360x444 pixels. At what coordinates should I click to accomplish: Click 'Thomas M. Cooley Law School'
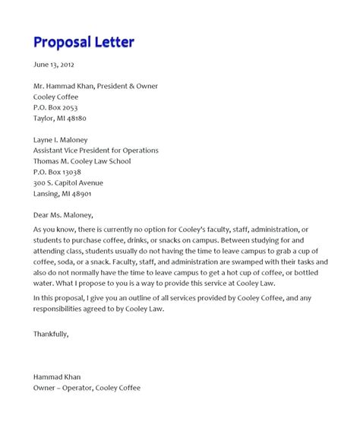82,161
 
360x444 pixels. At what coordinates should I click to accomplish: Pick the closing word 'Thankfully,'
51,333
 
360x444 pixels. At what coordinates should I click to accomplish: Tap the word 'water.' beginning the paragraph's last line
45,283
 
